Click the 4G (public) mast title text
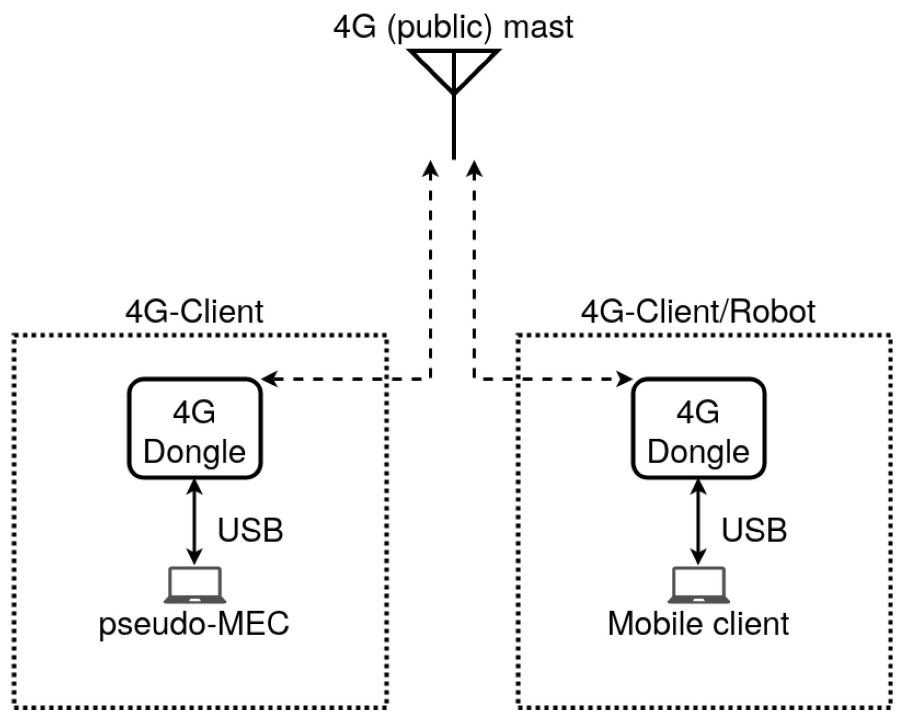pos(453,27)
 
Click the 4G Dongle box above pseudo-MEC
pos(194,429)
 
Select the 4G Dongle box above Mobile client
pos(698,429)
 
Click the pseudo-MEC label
pos(194,624)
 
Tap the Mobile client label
pos(698,624)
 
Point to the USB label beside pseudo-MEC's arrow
pos(250,530)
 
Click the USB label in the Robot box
pos(754,530)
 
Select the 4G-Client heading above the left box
pos(194,312)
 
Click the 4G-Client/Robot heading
pos(698,312)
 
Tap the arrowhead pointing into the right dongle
pos(626,379)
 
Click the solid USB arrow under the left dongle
pos(194,522)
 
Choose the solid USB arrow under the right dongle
pos(698,522)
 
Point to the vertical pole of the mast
pos(454,129)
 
